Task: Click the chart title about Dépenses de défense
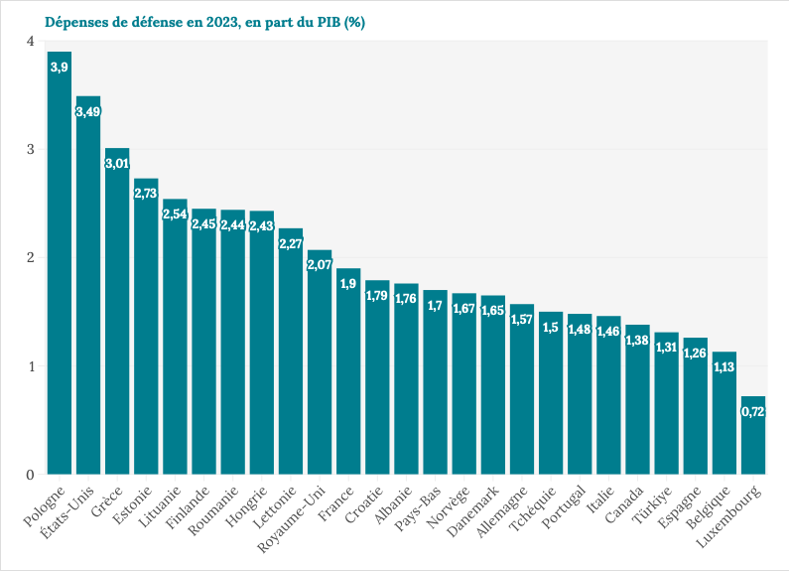[x=204, y=23]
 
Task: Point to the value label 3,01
[x=117, y=164]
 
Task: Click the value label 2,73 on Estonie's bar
[x=146, y=194]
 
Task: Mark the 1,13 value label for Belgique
[x=724, y=367]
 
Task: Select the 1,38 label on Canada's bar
[x=637, y=340]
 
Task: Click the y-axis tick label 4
[x=31, y=41]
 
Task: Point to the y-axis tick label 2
[x=31, y=257]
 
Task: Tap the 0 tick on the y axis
[x=31, y=474]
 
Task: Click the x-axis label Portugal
[x=566, y=505]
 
